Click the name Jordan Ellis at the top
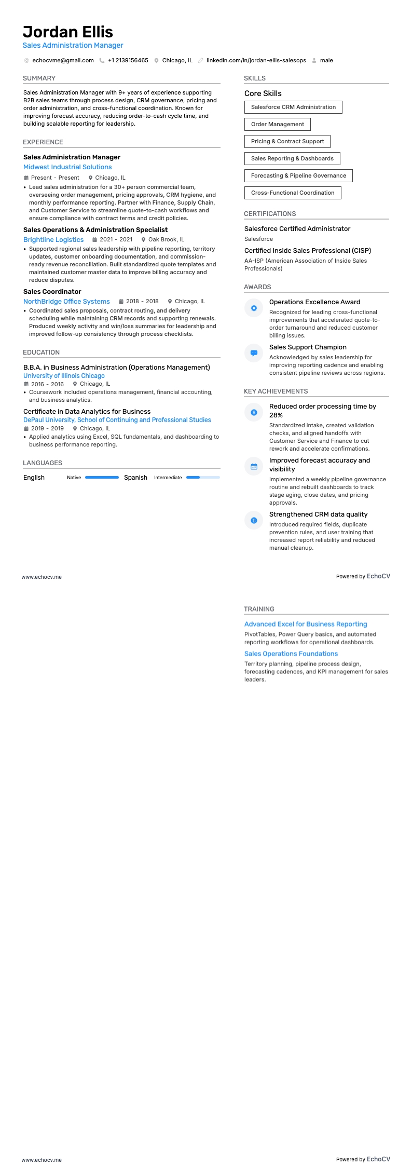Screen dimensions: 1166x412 click(68, 32)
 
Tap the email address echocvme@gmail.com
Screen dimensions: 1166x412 click(63, 60)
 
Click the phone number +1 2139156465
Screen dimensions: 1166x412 click(128, 60)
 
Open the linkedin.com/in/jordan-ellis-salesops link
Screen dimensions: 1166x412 click(256, 60)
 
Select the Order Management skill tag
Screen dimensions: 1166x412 click(278, 124)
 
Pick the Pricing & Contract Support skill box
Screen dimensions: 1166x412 click(287, 141)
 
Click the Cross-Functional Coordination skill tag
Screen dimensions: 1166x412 click(293, 193)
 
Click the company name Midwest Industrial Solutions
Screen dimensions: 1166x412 click(67, 167)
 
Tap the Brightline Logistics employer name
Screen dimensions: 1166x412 click(53, 240)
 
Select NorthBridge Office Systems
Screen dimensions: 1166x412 click(66, 302)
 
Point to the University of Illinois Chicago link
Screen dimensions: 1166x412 click(64, 376)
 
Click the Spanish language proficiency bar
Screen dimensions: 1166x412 click(203, 477)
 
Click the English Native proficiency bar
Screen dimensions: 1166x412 click(102, 477)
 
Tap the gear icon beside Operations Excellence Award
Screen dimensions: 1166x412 click(254, 308)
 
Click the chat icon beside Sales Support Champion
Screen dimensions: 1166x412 click(254, 353)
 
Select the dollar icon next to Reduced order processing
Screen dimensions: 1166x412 click(254, 412)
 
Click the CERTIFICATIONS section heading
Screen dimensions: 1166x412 click(270, 214)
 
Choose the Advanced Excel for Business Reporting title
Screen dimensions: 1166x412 click(306, 624)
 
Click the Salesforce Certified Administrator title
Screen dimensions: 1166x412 click(297, 229)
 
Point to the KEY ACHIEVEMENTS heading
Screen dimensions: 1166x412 click(276, 391)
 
